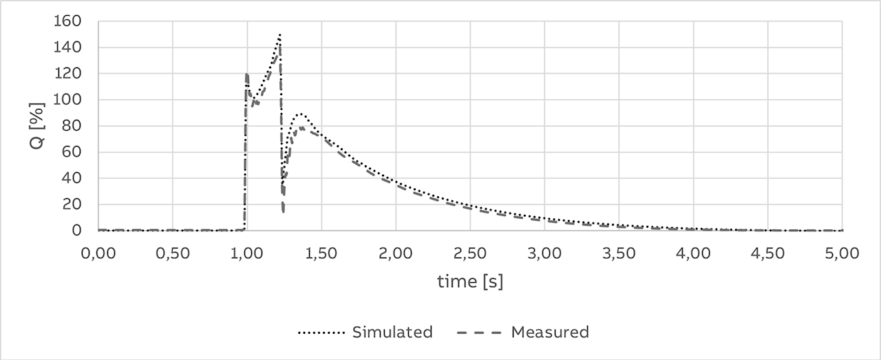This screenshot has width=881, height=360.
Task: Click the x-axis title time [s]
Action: pyautogui.click(x=470, y=282)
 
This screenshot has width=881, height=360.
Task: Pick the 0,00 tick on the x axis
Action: pyautogui.click(x=98, y=253)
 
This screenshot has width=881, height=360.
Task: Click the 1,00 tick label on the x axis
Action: pyautogui.click(x=246, y=253)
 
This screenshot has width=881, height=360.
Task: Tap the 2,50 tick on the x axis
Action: pyautogui.click(x=470, y=253)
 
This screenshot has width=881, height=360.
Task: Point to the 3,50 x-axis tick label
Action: pyautogui.click(x=619, y=253)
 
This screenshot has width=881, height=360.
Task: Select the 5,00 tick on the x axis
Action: pyautogui.click(x=842, y=253)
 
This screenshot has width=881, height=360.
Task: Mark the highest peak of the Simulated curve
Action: pyautogui.click(x=280, y=34)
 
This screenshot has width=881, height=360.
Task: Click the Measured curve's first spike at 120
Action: pyautogui.click(x=246, y=74)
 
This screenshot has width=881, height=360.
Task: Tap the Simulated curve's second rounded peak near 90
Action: pyautogui.click(x=300, y=114)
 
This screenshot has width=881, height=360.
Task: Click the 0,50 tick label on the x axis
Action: pyautogui.click(x=172, y=253)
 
